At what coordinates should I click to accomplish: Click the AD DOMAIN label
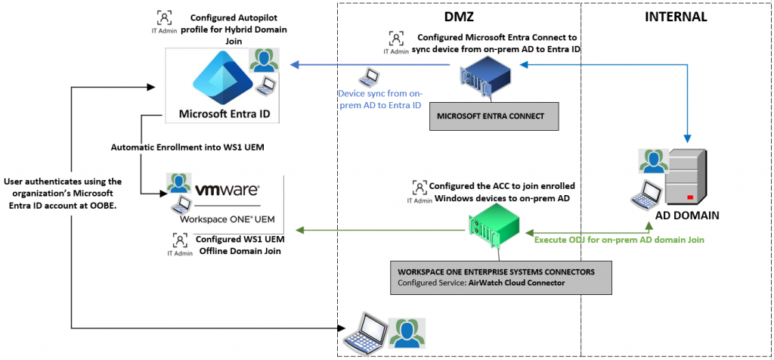(686, 215)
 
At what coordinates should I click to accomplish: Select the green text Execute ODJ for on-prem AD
(620, 240)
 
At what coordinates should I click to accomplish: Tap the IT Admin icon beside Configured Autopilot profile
(163, 20)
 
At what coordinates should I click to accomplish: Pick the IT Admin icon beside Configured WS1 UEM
(179, 243)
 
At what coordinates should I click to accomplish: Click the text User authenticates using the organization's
(63, 182)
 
